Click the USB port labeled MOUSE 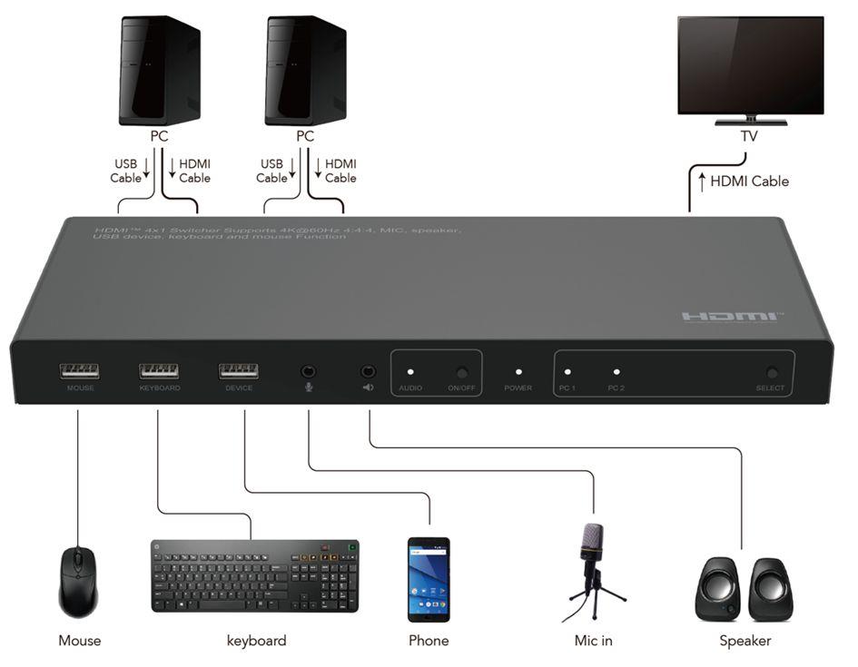(80, 370)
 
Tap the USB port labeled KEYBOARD (159, 370)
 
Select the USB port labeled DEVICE (238, 370)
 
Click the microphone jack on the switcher (309, 371)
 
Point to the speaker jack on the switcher (369, 371)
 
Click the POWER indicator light (518, 371)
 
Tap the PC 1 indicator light (567, 371)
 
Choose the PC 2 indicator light (616, 371)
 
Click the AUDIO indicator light (410, 371)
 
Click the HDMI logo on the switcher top (730, 317)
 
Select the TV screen (750, 64)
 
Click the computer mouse (78, 581)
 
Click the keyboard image (255, 576)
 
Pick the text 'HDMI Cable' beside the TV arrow (749, 181)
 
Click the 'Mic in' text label (593, 641)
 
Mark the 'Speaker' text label (745, 641)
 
